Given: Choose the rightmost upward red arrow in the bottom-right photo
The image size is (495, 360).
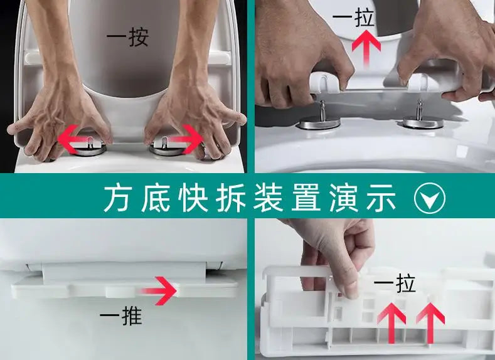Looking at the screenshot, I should (x=431, y=320).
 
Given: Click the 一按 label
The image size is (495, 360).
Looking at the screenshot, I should (x=127, y=38).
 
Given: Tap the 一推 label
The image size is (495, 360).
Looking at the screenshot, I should (x=122, y=317).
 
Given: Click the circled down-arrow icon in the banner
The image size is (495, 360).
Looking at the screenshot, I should (x=430, y=199).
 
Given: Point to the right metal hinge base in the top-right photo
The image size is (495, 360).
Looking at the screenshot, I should (x=417, y=124).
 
